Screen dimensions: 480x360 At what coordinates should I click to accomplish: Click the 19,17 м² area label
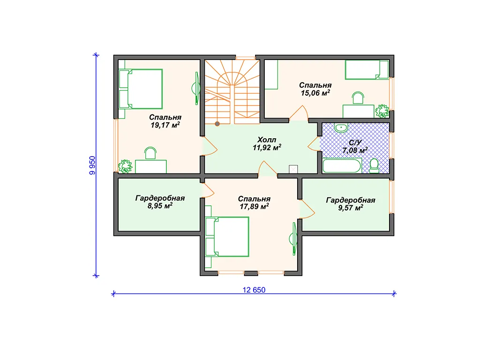click(165, 125)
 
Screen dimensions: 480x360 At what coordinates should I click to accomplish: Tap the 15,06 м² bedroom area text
click(315, 93)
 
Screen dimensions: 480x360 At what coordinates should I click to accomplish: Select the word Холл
click(267, 140)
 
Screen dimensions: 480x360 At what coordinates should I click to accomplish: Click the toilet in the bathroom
click(374, 166)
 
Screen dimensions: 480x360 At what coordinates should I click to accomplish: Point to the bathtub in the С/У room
click(342, 165)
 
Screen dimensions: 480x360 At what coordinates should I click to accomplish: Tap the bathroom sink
click(341, 127)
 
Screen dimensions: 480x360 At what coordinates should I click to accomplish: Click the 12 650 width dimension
click(254, 290)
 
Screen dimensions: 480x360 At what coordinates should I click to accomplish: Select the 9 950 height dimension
click(92, 165)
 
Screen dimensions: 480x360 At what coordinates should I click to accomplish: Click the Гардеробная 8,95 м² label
click(160, 202)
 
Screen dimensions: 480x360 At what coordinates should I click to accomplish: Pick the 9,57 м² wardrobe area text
click(351, 208)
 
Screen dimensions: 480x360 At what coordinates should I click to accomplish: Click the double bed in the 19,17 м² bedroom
click(141, 89)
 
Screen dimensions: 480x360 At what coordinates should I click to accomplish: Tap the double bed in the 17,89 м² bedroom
click(227, 237)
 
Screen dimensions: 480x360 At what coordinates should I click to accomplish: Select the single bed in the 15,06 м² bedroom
click(367, 69)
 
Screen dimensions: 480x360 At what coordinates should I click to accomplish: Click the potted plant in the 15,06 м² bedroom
click(382, 111)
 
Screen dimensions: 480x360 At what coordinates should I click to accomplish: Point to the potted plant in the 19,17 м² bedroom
click(125, 166)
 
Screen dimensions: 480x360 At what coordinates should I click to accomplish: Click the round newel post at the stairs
click(217, 124)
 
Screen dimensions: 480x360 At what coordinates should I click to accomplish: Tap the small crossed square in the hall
click(293, 169)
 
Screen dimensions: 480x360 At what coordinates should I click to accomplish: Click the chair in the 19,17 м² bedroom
click(150, 153)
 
